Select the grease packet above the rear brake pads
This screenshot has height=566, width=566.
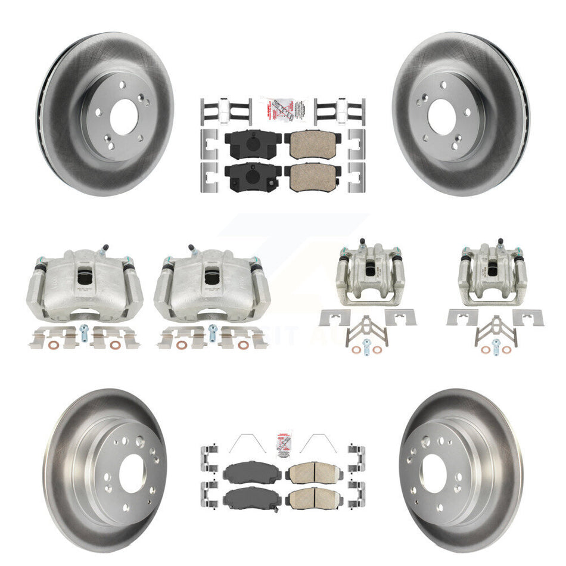(282, 110)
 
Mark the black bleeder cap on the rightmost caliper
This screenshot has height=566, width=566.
(500, 243)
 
